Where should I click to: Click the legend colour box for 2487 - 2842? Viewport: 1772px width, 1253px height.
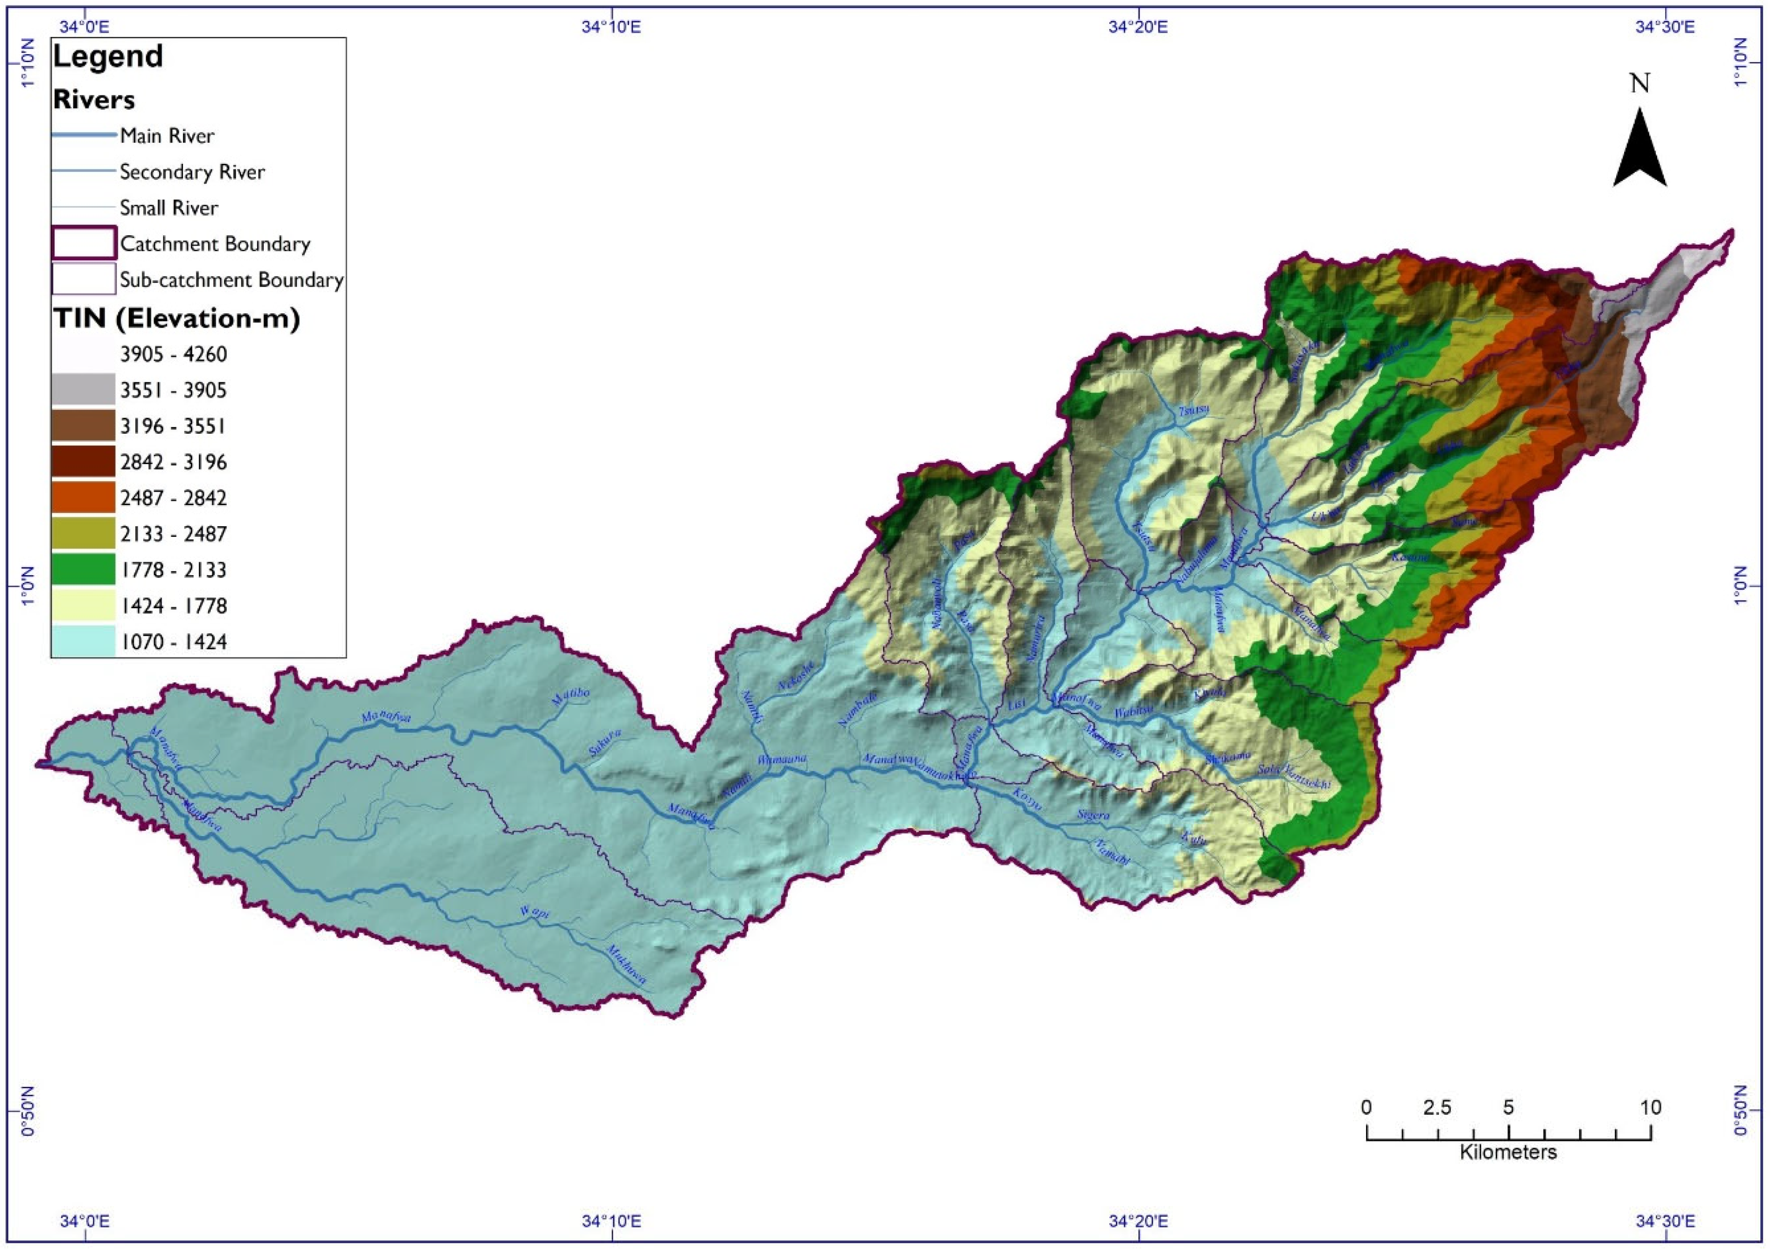tap(84, 498)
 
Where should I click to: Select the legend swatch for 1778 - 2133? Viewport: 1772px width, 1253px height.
tap(84, 570)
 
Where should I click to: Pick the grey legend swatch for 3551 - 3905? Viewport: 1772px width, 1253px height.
tap(84, 390)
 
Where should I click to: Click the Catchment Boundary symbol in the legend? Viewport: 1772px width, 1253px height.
tap(84, 243)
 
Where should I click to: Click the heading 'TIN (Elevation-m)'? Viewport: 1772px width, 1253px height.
tap(176, 318)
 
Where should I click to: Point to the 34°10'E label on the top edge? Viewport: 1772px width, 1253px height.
tap(611, 27)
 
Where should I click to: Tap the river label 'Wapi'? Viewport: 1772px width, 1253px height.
tap(534, 913)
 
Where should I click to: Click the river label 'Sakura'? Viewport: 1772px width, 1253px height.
tap(605, 742)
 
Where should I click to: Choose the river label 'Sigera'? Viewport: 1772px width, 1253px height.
tap(1093, 815)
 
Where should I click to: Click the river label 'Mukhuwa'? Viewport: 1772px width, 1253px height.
tap(626, 965)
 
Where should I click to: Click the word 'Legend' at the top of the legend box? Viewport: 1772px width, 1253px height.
tap(108, 56)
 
